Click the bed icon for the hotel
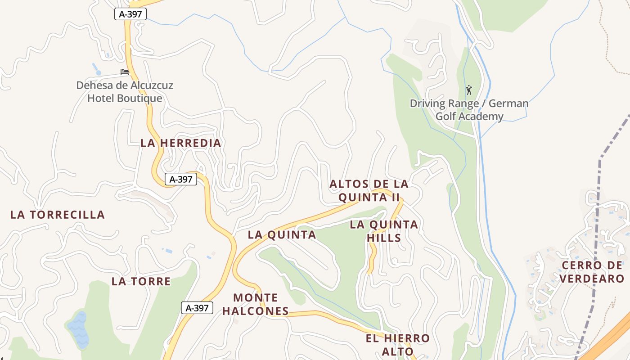125,72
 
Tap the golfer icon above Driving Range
469,90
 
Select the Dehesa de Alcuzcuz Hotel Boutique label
125,92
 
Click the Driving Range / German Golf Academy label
469,110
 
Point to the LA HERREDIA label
181,143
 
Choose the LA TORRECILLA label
58,215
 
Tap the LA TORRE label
141,282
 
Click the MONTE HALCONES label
256,304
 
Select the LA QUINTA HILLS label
384,231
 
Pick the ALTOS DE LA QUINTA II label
369,190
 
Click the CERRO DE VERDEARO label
592,272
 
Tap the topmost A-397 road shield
130,14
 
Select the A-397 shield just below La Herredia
181,179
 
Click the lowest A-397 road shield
197,308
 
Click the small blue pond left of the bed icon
96,69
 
